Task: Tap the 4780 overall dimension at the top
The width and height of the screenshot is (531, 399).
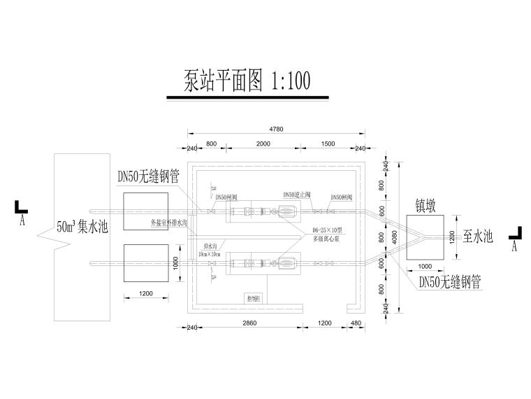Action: pos(275,129)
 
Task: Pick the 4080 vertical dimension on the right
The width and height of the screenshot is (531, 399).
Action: pos(395,236)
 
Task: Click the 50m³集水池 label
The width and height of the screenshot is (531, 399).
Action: pos(82,227)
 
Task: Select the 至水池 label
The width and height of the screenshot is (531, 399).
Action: pos(479,237)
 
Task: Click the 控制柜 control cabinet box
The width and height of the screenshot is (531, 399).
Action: pos(253,297)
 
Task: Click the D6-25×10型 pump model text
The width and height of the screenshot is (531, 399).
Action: pos(326,229)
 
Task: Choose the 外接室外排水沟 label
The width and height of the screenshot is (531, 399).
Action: pos(170,223)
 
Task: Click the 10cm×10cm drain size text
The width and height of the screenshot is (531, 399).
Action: pos(210,253)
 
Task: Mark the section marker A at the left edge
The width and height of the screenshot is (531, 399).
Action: pos(22,213)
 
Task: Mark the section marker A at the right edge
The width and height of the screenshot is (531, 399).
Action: pos(515,239)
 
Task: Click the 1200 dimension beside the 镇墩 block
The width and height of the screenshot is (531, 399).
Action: pos(451,237)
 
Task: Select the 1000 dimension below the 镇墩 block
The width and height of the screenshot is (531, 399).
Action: pos(424,267)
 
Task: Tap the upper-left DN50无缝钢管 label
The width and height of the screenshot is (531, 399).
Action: pos(148,177)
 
